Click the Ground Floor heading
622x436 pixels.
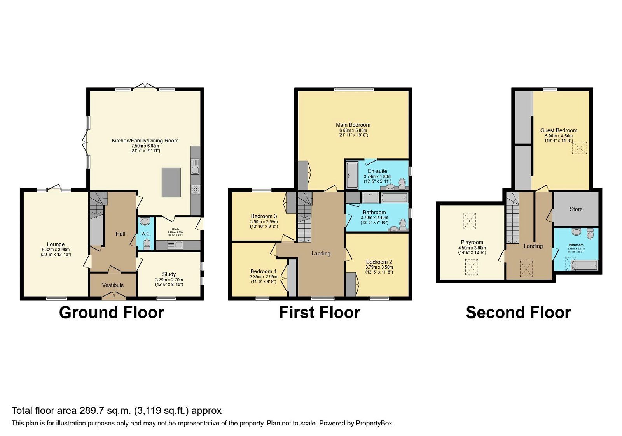(x=112, y=313)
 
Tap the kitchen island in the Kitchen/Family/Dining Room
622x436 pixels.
(x=171, y=183)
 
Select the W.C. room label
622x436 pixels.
(x=146, y=234)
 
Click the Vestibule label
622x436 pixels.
(x=113, y=285)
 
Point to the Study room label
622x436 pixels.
(x=169, y=274)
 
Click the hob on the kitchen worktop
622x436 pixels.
(x=196, y=190)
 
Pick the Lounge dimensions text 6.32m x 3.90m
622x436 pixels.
(x=56, y=250)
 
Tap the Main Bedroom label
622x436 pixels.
(x=353, y=125)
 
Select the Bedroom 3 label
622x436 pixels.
(x=264, y=216)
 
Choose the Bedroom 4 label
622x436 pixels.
(x=264, y=271)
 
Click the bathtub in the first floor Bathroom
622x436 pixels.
(x=394, y=198)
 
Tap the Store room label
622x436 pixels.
(x=576, y=209)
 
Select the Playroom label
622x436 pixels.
(x=472, y=242)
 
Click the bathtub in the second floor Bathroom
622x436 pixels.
(x=584, y=266)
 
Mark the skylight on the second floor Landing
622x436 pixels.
(x=527, y=268)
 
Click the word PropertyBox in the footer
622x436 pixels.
(x=374, y=423)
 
